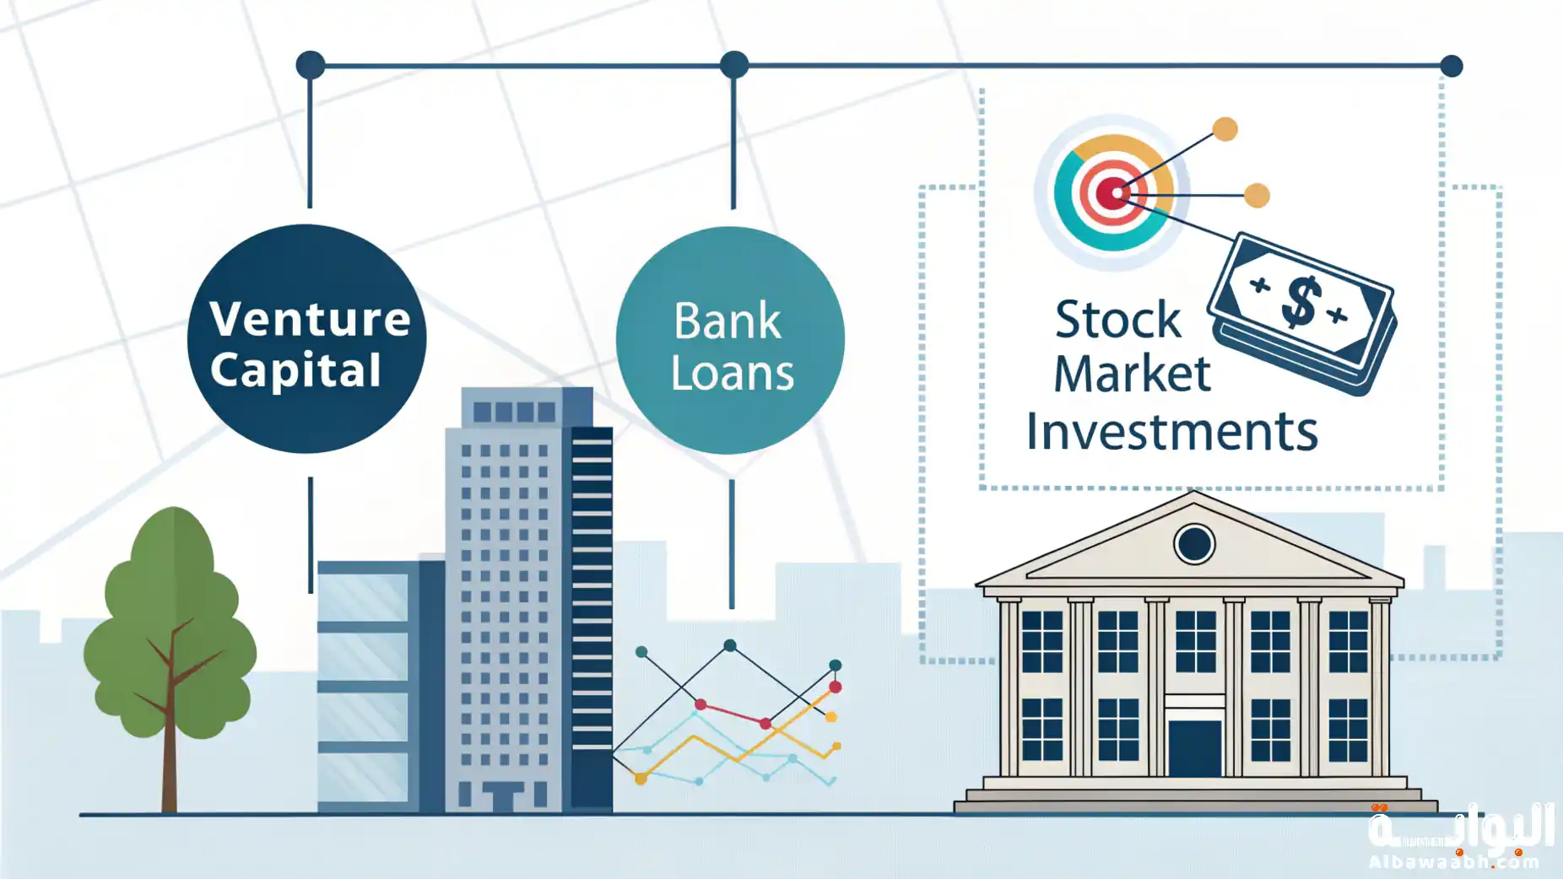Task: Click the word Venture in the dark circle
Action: click(x=310, y=319)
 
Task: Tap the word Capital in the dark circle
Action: click(x=295, y=370)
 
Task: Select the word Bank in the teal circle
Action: click(x=727, y=321)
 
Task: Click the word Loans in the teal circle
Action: click(x=733, y=373)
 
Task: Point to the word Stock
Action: click(x=1118, y=320)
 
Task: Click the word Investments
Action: click(x=1172, y=431)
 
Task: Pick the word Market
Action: click(x=1133, y=374)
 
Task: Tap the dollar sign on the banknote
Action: click(x=1300, y=301)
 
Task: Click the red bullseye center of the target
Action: click(x=1115, y=193)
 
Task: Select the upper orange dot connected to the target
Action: click(x=1225, y=129)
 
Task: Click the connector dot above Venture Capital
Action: click(x=311, y=65)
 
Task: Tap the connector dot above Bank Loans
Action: click(x=734, y=65)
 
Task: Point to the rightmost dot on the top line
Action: click(x=1451, y=66)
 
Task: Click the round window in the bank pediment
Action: click(x=1194, y=544)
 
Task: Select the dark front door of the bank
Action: click(x=1194, y=748)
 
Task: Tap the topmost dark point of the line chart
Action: click(x=730, y=645)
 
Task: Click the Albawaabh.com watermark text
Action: click(x=1453, y=862)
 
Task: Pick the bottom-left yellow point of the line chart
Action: click(x=641, y=779)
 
